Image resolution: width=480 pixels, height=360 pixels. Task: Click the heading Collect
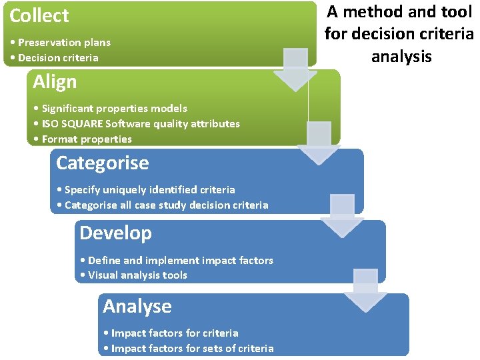click(39, 15)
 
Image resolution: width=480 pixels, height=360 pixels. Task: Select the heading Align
click(55, 83)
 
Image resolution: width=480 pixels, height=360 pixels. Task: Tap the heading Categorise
click(102, 163)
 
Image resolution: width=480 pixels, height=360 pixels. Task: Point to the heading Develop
click(115, 233)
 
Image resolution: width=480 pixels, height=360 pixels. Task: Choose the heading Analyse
click(137, 307)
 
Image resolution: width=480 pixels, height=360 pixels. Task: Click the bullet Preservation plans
click(61, 43)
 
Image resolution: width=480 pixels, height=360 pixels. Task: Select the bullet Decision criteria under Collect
click(55, 58)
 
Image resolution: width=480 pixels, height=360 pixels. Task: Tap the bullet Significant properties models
click(110, 109)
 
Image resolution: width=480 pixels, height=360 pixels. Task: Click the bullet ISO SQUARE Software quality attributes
click(137, 124)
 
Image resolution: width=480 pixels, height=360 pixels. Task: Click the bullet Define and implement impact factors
click(176, 261)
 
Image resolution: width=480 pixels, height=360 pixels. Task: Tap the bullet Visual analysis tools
click(133, 275)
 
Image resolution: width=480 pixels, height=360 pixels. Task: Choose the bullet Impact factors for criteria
click(171, 333)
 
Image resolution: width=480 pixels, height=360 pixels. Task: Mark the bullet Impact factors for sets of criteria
click(189, 349)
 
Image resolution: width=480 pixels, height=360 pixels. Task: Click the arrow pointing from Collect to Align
click(295, 69)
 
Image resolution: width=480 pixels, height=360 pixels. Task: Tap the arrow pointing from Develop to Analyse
click(365, 290)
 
